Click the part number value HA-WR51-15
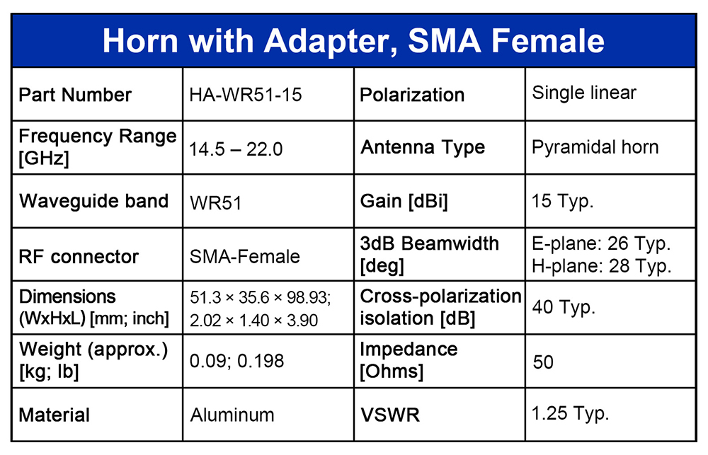pyautogui.click(x=245, y=95)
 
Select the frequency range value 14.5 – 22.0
pyautogui.click(x=235, y=149)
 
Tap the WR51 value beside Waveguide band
pyautogui.click(x=215, y=203)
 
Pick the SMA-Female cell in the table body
pyautogui.click(x=244, y=256)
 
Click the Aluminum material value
pyautogui.click(x=232, y=415)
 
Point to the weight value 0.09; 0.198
pyautogui.click(x=236, y=361)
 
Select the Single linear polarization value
pyautogui.click(x=584, y=93)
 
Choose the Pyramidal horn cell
pyautogui.click(x=595, y=148)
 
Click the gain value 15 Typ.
pyautogui.click(x=562, y=202)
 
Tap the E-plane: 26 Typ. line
pyautogui.click(x=601, y=243)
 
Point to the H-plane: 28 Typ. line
pyautogui.click(x=601, y=266)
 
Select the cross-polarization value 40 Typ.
pyautogui.click(x=564, y=308)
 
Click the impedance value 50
pyautogui.click(x=543, y=362)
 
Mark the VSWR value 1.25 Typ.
pyautogui.click(x=570, y=414)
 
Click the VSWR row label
pyautogui.click(x=389, y=415)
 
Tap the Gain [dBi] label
pyautogui.click(x=404, y=202)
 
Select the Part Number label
pyautogui.click(x=75, y=96)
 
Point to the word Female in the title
pyautogui.click(x=548, y=40)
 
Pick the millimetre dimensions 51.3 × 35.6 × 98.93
pyautogui.click(x=260, y=298)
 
